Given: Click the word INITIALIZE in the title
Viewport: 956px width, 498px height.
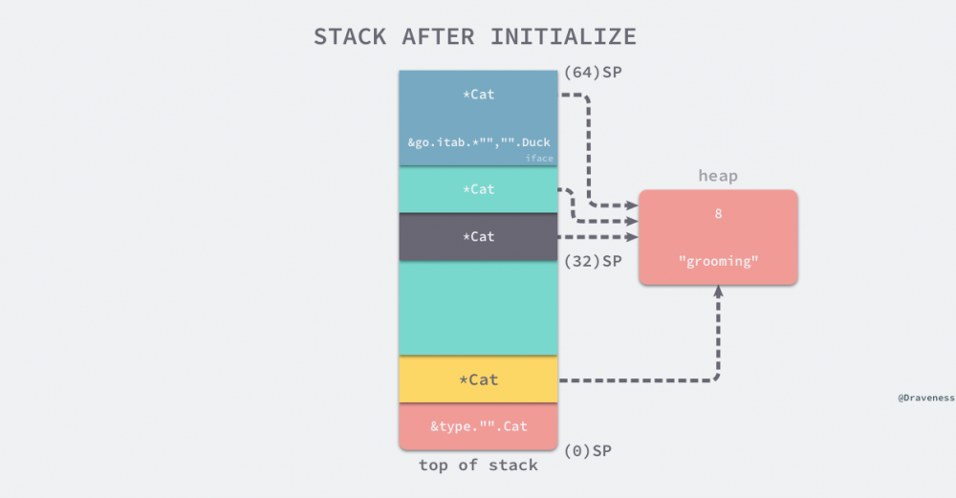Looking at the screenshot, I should (x=563, y=37).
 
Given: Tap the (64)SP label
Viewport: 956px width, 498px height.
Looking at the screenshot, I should (x=593, y=72).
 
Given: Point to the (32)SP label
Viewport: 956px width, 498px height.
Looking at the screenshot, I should (x=593, y=260).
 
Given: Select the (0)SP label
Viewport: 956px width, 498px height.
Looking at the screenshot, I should (x=588, y=450).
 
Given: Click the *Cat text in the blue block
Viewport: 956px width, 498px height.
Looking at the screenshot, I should (x=478, y=95).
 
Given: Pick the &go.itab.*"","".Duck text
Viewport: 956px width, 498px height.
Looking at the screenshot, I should (x=478, y=142).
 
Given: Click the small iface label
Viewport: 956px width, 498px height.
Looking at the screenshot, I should (x=539, y=159).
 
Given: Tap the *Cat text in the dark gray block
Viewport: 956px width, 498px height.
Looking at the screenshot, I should (x=478, y=236).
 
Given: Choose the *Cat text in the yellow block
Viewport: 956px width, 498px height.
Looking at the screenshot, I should (x=478, y=379).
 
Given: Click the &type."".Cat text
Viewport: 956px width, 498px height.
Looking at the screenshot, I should (x=478, y=426).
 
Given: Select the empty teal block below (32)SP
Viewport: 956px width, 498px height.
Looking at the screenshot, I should (x=478, y=308).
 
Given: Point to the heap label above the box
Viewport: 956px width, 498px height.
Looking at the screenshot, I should (x=718, y=177).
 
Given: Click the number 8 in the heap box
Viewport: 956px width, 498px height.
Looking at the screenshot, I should (x=718, y=214).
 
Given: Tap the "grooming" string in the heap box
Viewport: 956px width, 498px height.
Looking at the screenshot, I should (x=718, y=261).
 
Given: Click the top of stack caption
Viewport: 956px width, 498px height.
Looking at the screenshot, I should (x=478, y=466).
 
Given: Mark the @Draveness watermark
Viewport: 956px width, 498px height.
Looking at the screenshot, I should (x=925, y=398).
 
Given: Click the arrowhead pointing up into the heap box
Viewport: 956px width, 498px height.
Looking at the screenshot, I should (x=718, y=292).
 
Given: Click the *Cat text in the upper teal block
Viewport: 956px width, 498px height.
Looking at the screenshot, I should (x=478, y=189).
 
